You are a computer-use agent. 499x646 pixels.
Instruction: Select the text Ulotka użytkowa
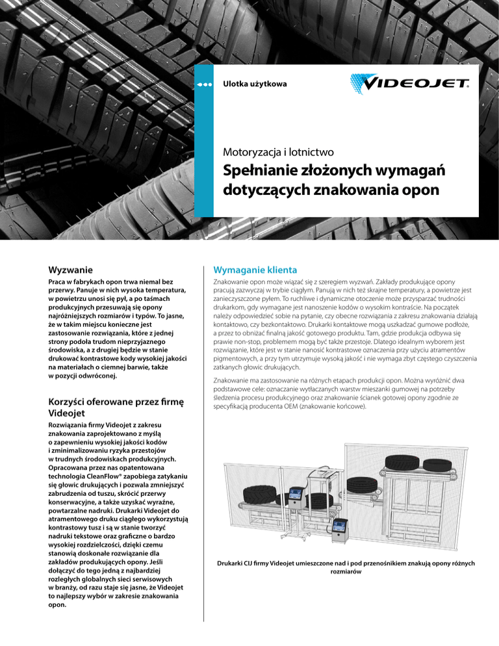point(255,84)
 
